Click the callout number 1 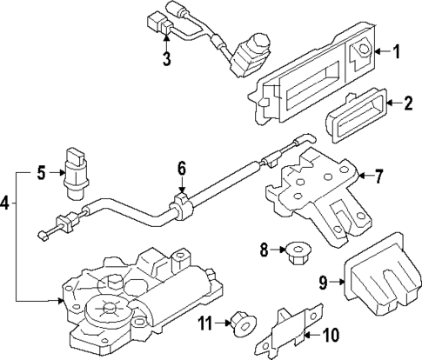pyautogui.click(x=396, y=52)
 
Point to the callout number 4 pyautogui.click(x=7, y=203)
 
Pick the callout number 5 pyautogui.click(x=39, y=172)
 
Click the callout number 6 pyautogui.click(x=182, y=167)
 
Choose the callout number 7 pyautogui.click(x=378, y=177)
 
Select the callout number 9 pyautogui.click(x=322, y=281)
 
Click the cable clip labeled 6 pyautogui.click(x=184, y=207)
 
